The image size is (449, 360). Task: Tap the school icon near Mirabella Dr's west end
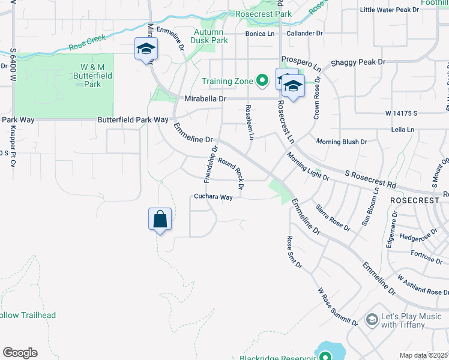coord(146,49)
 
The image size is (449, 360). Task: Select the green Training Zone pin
coord(262,80)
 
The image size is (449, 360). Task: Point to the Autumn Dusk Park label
coord(209,36)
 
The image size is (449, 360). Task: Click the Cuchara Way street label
coord(212,197)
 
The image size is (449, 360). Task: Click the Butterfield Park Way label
coord(133,120)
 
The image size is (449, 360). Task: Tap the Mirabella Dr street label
coord(205,98)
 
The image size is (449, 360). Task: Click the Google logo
coord(20,353)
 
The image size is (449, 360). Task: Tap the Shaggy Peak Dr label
coord(358,62)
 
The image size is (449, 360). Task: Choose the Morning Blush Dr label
coord(342,142)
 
